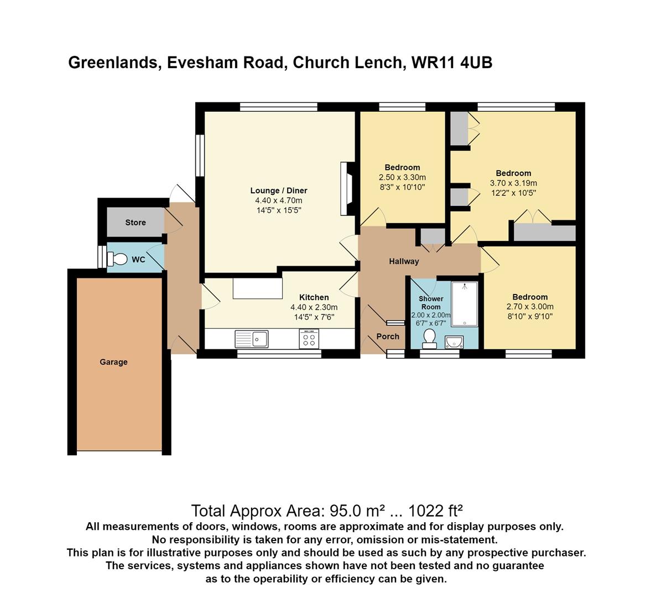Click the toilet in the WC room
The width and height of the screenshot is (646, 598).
[x=117, y=259]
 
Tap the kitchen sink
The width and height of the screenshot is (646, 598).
[x=252, y=339]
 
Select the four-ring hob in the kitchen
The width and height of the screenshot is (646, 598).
[x=309, y=339]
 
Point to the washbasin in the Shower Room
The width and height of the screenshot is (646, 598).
[x=455, y=342]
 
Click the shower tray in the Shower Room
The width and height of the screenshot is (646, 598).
[x=465, y=304]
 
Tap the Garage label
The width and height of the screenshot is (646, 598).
[x=113, y=362]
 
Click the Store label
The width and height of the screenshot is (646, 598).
[x=136, y=223]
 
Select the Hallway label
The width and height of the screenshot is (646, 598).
[x=404, y=261]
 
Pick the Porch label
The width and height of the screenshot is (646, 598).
[x=388, y=337]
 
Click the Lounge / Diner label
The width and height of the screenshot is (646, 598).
[x=279, y=190]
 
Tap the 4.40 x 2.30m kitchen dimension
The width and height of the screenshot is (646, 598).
[x=314, y=307]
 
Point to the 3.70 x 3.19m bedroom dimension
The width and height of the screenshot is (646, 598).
[x=513, y=183]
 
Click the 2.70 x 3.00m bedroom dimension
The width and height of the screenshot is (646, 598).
[x=530, y=307]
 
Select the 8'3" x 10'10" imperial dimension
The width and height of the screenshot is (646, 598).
[x=402, y=187]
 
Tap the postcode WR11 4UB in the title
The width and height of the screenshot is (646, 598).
[x=452, y=63]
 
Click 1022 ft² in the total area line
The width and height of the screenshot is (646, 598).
[x=435, y=511]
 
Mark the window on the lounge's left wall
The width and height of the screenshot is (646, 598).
[x=200, y=156]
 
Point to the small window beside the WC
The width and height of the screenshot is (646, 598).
[x=102, y=257]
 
